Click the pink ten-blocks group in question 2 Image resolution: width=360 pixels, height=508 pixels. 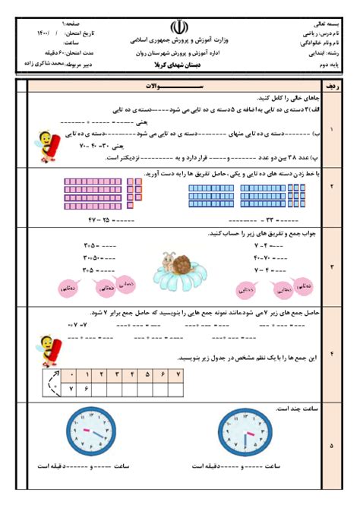pyautogui.click(x=97, y=194)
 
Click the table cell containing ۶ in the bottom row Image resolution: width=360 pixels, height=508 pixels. pyautogui.click(x=87, y=389)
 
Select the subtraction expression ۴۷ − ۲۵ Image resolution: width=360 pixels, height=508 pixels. pyautogui.click(x=104, y=220)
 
